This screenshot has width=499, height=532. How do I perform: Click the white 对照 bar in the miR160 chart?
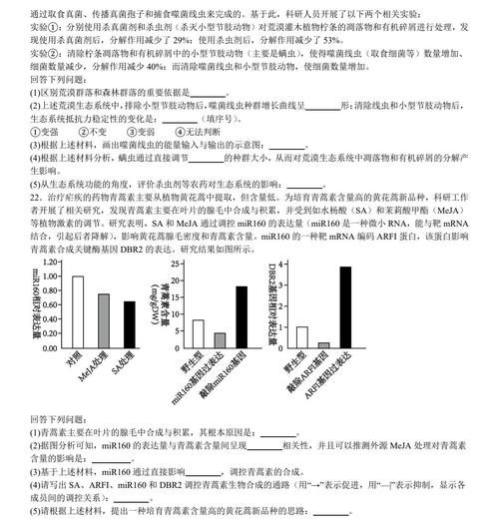coord(77,309)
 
